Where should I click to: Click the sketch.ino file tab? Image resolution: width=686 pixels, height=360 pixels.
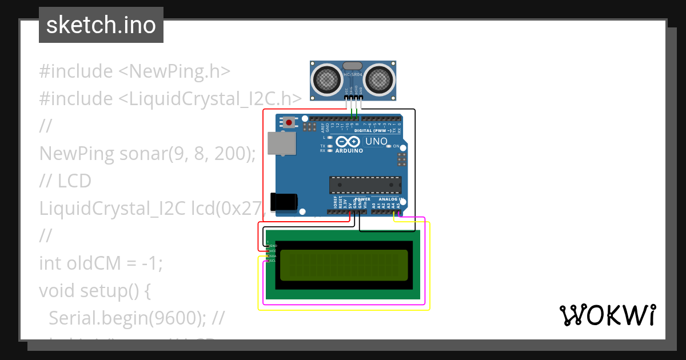(101, 25)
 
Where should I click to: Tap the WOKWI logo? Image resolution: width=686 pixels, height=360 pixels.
(607, 315)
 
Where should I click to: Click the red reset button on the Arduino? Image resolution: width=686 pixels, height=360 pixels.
(290, 122)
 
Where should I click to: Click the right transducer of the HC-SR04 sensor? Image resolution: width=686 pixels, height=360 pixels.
(380, 78)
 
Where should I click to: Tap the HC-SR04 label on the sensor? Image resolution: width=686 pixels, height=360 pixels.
(353, 74)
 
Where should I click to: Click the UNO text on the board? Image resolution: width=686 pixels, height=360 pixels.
(376, 141)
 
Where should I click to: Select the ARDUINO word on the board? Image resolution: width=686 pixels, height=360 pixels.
(349, 151)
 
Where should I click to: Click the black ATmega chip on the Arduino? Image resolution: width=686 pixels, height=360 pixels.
(365, 185)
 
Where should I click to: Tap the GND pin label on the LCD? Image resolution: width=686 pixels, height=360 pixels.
(273, 246)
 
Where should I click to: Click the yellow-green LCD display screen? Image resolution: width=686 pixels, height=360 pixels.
(344, 265)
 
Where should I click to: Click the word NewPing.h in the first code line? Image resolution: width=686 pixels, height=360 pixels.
(180, 71)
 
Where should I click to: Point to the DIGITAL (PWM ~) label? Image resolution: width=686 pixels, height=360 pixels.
(373, 131)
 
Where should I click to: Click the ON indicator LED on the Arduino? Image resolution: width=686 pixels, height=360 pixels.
(389, 146)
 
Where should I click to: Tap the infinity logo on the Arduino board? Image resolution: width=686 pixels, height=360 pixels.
(349, 142)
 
